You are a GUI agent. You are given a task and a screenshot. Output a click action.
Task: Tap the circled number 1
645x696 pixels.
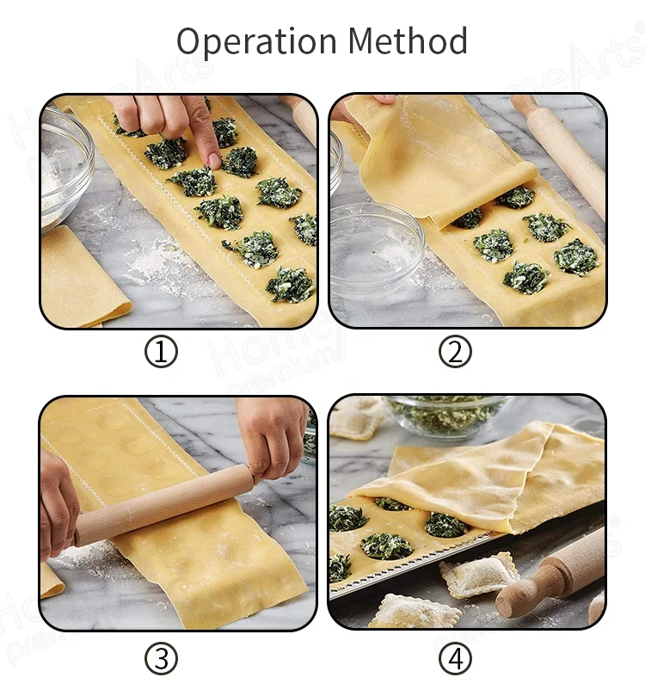click(161, 352)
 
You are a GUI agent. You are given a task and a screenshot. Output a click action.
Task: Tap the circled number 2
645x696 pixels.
click(455, 352)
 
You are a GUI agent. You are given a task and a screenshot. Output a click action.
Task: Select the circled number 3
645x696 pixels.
click(161, 659)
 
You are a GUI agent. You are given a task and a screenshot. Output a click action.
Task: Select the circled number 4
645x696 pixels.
click(455, 659)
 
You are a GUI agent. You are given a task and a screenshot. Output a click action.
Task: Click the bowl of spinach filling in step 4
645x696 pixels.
click(447, 415)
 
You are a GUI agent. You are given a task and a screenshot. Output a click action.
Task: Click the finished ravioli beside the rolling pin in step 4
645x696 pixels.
click(478, 573)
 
